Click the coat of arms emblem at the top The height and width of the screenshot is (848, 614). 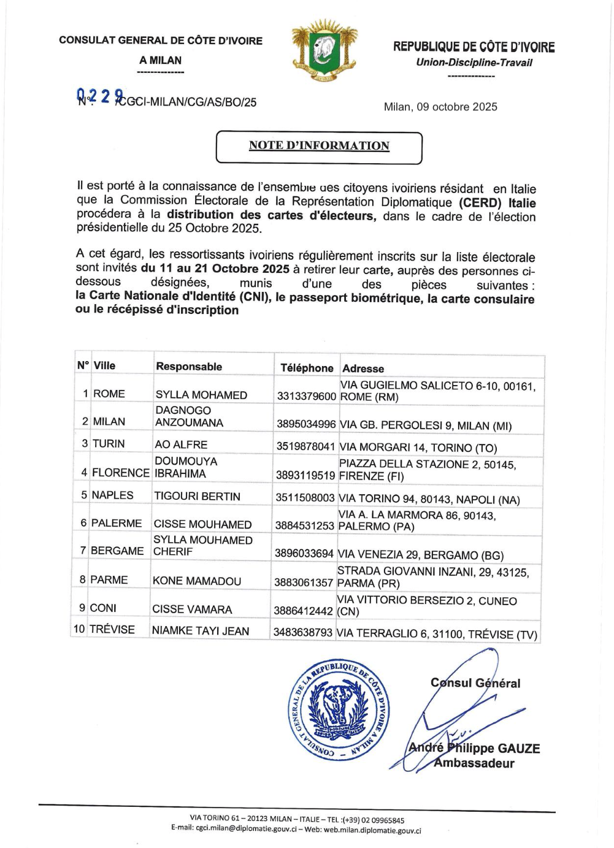tap(324, 52)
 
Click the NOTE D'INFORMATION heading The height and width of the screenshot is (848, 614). tap(319, 146)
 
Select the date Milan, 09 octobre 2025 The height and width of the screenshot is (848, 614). tap(440, 107)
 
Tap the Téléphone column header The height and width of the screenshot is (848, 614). tap(307, 368)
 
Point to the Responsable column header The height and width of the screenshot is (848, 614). tap(189, 367)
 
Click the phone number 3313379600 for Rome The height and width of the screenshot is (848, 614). tap(306, 396)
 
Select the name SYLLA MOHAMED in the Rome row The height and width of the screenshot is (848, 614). tap(201, 395)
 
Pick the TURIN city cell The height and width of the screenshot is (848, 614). tap(109, 443)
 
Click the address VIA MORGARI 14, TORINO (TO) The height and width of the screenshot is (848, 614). tap(418, 448)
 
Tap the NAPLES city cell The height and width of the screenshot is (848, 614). tap(112, 495)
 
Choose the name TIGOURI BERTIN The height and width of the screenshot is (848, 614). tap(197, 496)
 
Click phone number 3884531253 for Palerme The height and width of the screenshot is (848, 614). tap(304, 525)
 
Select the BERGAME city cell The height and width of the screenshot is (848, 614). tap(117, 551)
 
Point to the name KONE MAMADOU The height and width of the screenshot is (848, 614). tap(196, 581)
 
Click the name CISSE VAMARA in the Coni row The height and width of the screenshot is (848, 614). tap(192, 609)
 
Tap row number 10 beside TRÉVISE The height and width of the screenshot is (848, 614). tap(79, 629)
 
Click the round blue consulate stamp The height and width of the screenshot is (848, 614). tap(339, 709)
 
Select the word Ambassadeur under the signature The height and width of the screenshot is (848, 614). tap(474, 763)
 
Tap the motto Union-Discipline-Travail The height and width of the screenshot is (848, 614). tap(474, 63)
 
